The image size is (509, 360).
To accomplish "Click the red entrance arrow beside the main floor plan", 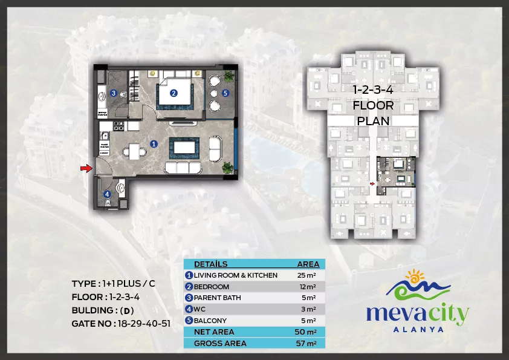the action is point(86,168).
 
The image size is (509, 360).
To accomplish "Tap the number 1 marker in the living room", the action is point(154,143).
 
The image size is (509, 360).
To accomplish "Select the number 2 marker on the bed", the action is point(173,93).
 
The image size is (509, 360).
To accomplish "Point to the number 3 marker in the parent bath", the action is point(113,93).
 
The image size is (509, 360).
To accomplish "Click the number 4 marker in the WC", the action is point(107,194).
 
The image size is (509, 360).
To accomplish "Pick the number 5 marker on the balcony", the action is point(225,93).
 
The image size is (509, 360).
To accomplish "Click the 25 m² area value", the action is point(306,275).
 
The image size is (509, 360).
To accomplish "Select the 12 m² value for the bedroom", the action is point(308,287).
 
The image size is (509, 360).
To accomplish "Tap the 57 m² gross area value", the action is point(306,343).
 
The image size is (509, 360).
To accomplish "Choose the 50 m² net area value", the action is point(305,332).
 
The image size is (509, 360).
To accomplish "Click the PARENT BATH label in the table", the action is point(218,298).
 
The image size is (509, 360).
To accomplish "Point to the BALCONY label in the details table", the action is point(210,321).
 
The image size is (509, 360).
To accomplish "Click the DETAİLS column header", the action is point(211,264).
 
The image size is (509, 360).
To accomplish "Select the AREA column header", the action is point(308,264).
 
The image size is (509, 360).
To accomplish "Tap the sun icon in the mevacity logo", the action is point(415,277).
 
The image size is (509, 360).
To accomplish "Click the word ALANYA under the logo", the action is point(418,330).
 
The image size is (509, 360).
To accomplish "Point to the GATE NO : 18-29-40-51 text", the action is point(121,324).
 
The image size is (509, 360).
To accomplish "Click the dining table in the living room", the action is point(134,151).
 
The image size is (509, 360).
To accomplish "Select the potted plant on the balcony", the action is point(229,76).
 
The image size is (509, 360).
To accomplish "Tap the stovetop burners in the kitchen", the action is point(118,126).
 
